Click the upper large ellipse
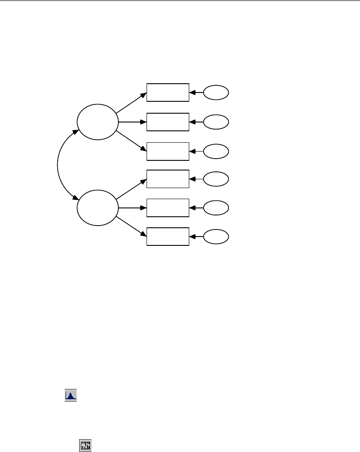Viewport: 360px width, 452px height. point(98,121)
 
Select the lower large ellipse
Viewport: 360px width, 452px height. point(98,207)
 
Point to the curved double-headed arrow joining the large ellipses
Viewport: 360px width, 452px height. point(59,164)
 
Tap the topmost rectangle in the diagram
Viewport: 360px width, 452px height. point(168,92)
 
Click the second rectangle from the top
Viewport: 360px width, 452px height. point(168,122)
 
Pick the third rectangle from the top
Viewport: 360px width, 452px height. point(168,151)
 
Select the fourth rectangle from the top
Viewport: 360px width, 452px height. point(168,178)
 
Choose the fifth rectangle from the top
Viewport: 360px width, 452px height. point(168,207)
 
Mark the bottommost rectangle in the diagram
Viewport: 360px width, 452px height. point(168,237)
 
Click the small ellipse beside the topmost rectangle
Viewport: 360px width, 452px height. point(216,93)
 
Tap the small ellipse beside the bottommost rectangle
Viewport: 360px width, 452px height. point(216,237)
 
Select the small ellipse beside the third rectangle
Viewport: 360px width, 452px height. point(216,151)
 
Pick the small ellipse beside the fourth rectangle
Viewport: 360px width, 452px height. point(216,178)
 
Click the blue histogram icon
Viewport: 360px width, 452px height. point(70,395)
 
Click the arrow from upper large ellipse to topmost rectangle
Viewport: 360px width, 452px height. point(131,101)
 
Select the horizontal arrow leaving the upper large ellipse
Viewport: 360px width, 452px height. point(132,122)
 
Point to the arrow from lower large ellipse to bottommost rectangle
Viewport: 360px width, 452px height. point(132,226)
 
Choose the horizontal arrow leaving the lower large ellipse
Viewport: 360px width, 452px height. point(132,207)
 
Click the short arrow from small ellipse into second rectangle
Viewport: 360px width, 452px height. point(196,122)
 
